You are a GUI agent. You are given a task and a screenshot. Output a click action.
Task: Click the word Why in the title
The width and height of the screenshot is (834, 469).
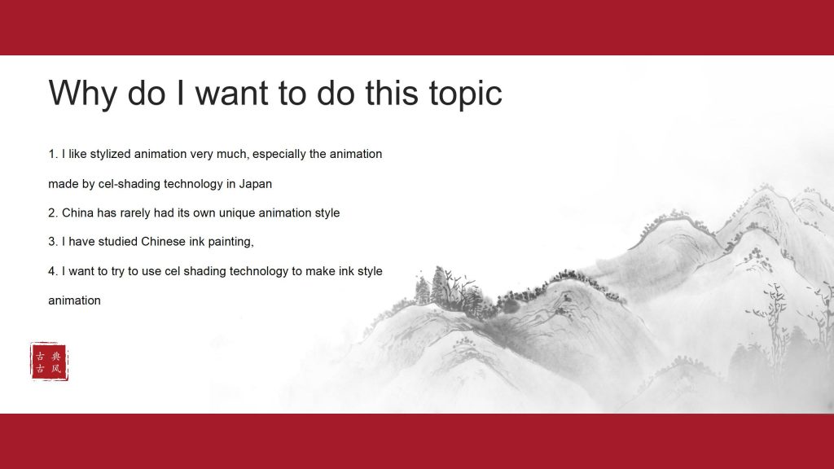tap(82, 94)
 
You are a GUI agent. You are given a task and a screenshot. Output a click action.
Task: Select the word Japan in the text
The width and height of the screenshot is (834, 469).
tap(255, 185)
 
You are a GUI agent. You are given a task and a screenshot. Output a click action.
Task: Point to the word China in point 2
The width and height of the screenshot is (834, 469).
tap(77, 213)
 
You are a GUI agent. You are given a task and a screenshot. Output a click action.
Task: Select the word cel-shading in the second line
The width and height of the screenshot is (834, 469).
tap(129, 184)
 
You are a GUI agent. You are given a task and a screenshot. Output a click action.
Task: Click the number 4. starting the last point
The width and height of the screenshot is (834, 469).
tap(53, 271)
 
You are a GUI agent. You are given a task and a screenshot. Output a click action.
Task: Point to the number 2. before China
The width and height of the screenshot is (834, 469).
tap(53, 213)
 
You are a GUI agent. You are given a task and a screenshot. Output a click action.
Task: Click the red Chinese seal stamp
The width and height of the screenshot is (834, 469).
tap(49, 362)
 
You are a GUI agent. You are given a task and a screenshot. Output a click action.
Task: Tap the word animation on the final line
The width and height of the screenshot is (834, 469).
tap(74, 300)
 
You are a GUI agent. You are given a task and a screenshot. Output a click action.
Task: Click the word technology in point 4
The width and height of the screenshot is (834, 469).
tap(258, 271)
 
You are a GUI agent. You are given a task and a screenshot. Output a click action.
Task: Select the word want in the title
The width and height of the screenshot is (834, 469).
tap(232, 94)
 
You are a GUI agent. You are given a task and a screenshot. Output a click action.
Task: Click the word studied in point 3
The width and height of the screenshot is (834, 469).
tap(117, 241)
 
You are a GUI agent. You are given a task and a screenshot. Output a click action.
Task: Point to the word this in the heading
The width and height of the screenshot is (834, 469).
tap(392, 94)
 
